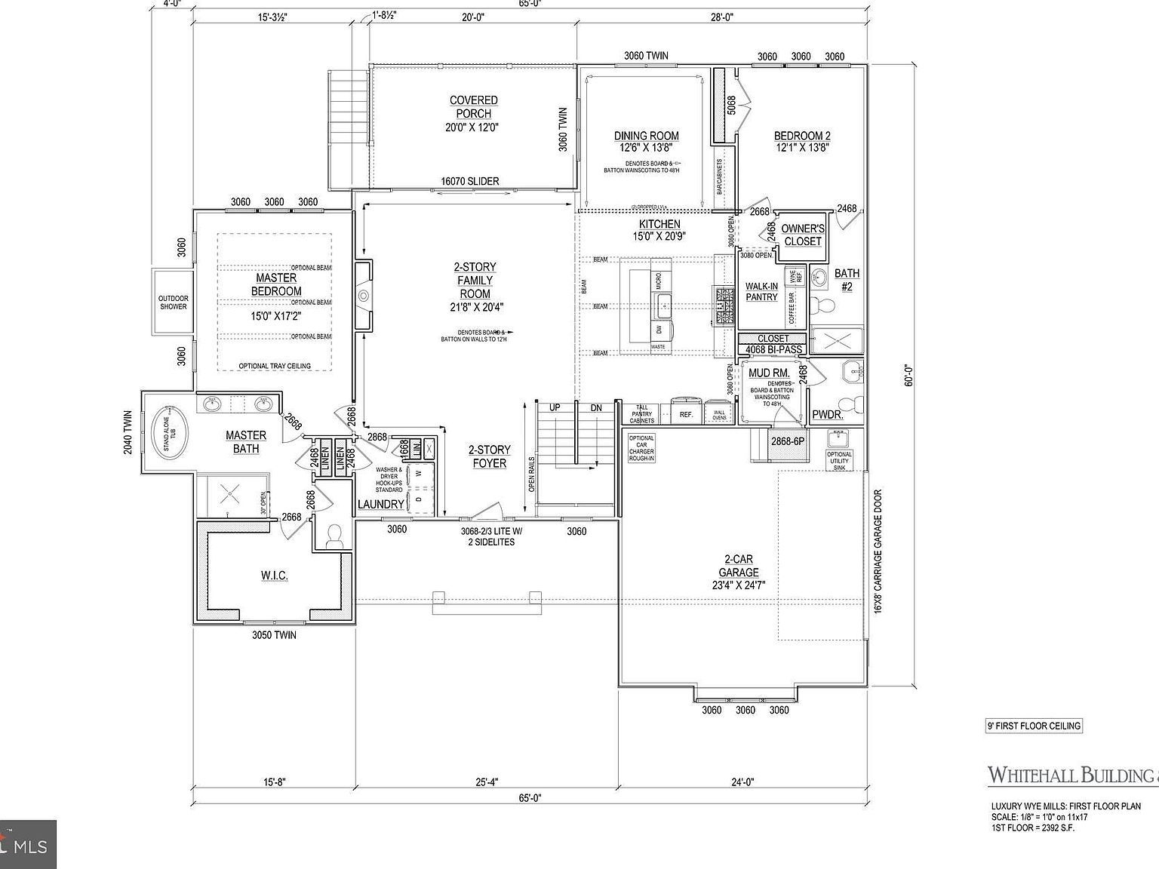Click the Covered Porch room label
pos(473,107)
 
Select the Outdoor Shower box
pos(173,302)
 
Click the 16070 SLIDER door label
pos(469,182)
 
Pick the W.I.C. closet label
pos(274,576)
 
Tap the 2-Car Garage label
pos(739,566)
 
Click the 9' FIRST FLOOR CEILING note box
pos(1034,726)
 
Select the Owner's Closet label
pos(802,235)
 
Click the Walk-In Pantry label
pos(761,291)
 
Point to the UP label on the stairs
pos(555,408)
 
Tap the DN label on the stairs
pos(596,408)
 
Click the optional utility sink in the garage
pos(838,441)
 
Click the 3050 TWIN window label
pos(274,635)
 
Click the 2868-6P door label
pos(787,441)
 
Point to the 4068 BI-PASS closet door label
pos(773,350)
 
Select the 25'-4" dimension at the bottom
pos(487,782)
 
